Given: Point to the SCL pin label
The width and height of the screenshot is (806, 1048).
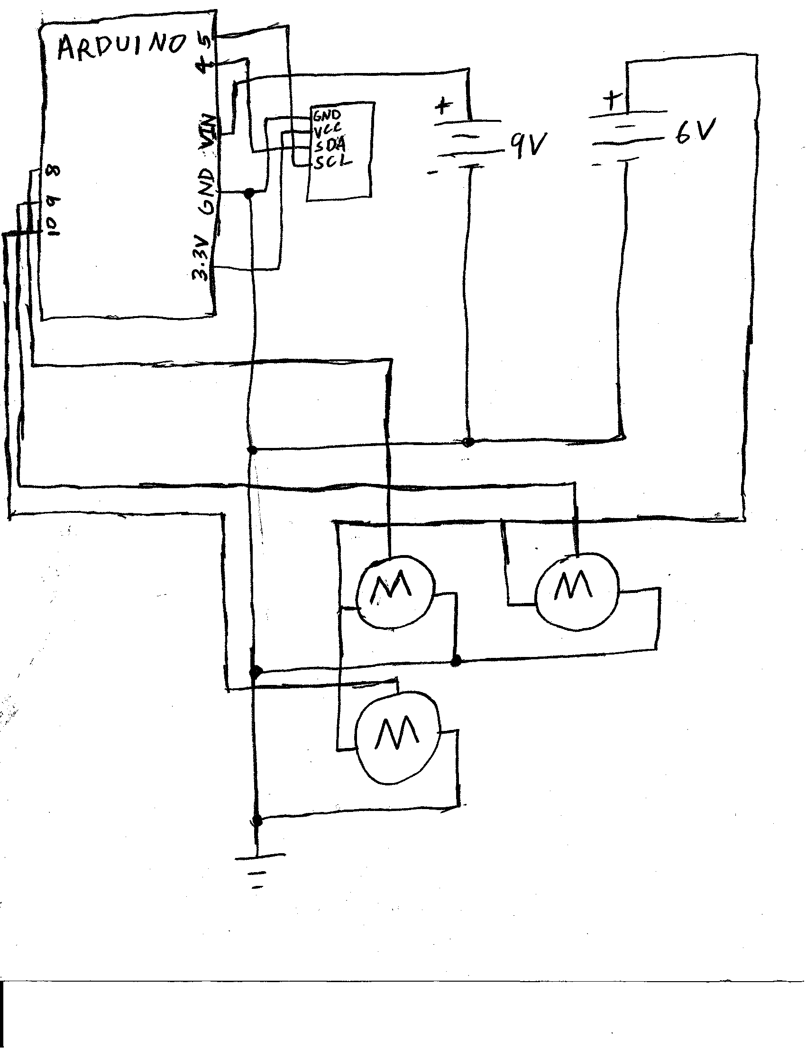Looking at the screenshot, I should click(x=333, y=162).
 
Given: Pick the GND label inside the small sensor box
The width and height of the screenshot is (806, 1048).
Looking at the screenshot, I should click(x=327, y=115).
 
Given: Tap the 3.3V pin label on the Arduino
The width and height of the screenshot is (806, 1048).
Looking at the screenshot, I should click(x=201, y=257).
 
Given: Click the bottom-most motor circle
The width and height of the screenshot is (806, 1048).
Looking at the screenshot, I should click(x=397, y=739).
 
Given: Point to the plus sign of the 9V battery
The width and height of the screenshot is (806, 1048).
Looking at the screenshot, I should click(x=443, y=104).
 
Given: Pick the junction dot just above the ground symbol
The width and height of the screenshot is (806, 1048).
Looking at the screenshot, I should click(x=257, y=820).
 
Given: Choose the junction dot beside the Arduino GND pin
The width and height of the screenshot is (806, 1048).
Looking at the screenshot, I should click(x=248, y=193).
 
